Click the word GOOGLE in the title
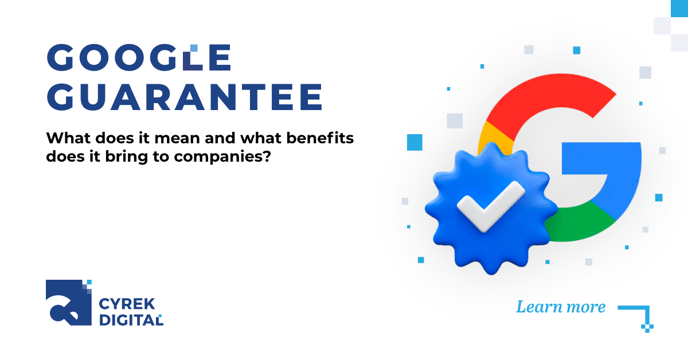(139, 58)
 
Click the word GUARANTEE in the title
(184, 97)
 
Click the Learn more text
(560, 307)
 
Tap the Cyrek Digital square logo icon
(68, 302)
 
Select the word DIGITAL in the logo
(131, 320)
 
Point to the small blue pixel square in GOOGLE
(194, 48)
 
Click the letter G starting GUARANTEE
(61, 97)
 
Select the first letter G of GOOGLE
(61, 58)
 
